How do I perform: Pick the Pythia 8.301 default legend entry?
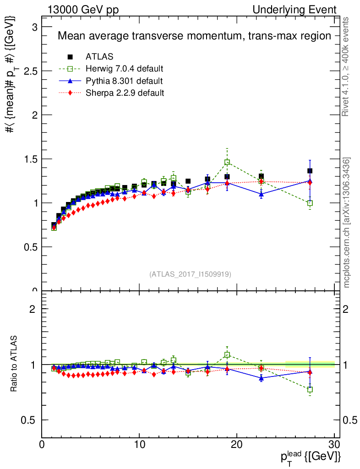coord(124,81)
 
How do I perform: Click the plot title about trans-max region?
coord(194,36)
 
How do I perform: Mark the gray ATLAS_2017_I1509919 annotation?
coord(190,274)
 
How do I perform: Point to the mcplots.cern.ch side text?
coord(347,223)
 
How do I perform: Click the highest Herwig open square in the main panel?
coord(227,162)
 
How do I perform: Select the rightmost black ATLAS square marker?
coord(310,171)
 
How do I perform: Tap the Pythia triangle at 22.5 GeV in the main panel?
coord(261,194)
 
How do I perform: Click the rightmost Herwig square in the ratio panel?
coord(310,389)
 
